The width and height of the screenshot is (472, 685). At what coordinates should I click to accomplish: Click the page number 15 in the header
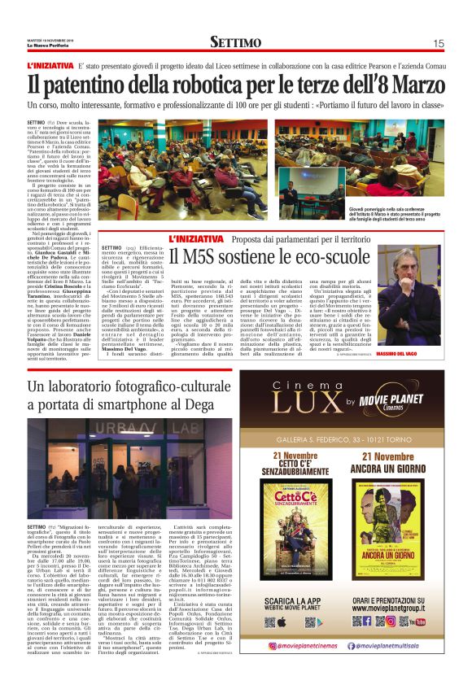coord(439,43)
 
